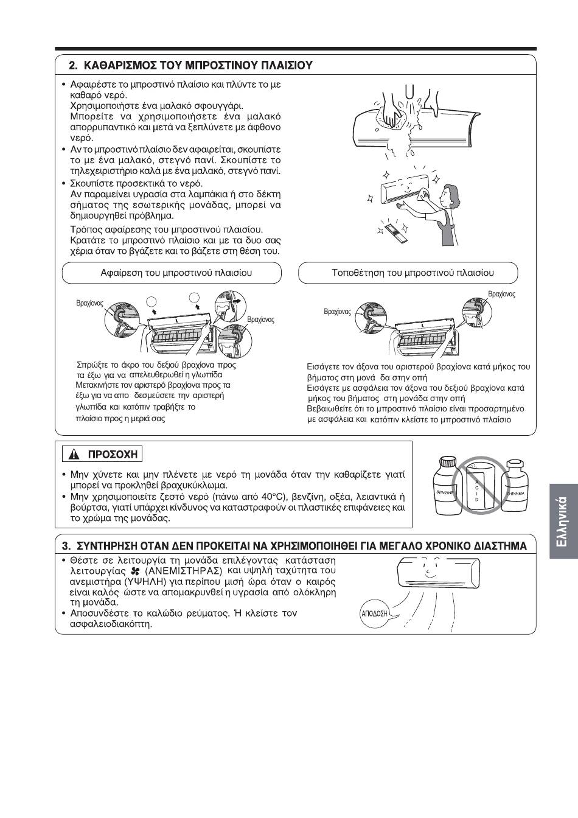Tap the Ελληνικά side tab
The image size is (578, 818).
(x=563, y=521)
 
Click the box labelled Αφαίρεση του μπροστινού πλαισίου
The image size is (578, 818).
(x=172, y=273)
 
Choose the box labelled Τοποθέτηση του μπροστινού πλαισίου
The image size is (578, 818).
(x=408, y=273)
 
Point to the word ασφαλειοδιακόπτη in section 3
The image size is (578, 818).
(x=111, y=624)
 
